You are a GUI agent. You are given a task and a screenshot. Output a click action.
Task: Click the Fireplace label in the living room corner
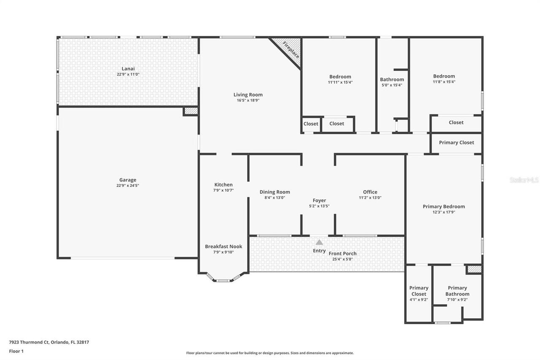click(x=291, y=49)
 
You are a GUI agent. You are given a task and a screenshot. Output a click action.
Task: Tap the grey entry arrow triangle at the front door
click(x=319, y=242)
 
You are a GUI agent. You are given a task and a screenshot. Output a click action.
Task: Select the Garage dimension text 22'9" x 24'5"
click(x=127, y=186)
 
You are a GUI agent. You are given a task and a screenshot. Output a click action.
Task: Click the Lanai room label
click(x=128, y=68)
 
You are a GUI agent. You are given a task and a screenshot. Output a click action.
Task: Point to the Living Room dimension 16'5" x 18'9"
click(x=248, y=100)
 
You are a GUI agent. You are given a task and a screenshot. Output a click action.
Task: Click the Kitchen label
click(x=223, y=184)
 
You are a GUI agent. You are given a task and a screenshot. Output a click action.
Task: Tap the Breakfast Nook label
click(x=223, y=246)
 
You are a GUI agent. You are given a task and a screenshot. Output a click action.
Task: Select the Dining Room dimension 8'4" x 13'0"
click(x=275, y=198)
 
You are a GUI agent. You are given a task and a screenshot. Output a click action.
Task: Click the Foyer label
click(x=319, y=200)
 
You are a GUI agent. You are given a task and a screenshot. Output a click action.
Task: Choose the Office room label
click(x=370, y=192)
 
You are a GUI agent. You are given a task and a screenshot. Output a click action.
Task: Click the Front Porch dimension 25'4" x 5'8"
click(x=343, y=259)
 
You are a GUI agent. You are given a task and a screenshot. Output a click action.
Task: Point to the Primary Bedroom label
click(x=444, y=206)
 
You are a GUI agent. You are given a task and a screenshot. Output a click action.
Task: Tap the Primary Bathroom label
click(x=457, y=291)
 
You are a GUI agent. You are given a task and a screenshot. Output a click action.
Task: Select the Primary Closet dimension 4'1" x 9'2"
click(x=418, y=300)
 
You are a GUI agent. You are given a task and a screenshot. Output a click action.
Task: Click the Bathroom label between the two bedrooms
click(x=392, y=79)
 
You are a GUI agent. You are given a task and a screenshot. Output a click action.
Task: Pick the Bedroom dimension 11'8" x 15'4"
click(x=444, y=82)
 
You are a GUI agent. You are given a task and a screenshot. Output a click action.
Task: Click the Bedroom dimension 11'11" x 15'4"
click(x=340, y=82)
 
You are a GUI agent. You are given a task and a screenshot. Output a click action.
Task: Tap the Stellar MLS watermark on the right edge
click(x=524, y=180)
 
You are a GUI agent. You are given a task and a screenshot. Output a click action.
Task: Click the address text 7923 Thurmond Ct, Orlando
click(x=49, y=342)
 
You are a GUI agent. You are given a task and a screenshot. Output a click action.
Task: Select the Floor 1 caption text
click(x=16, y=351)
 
